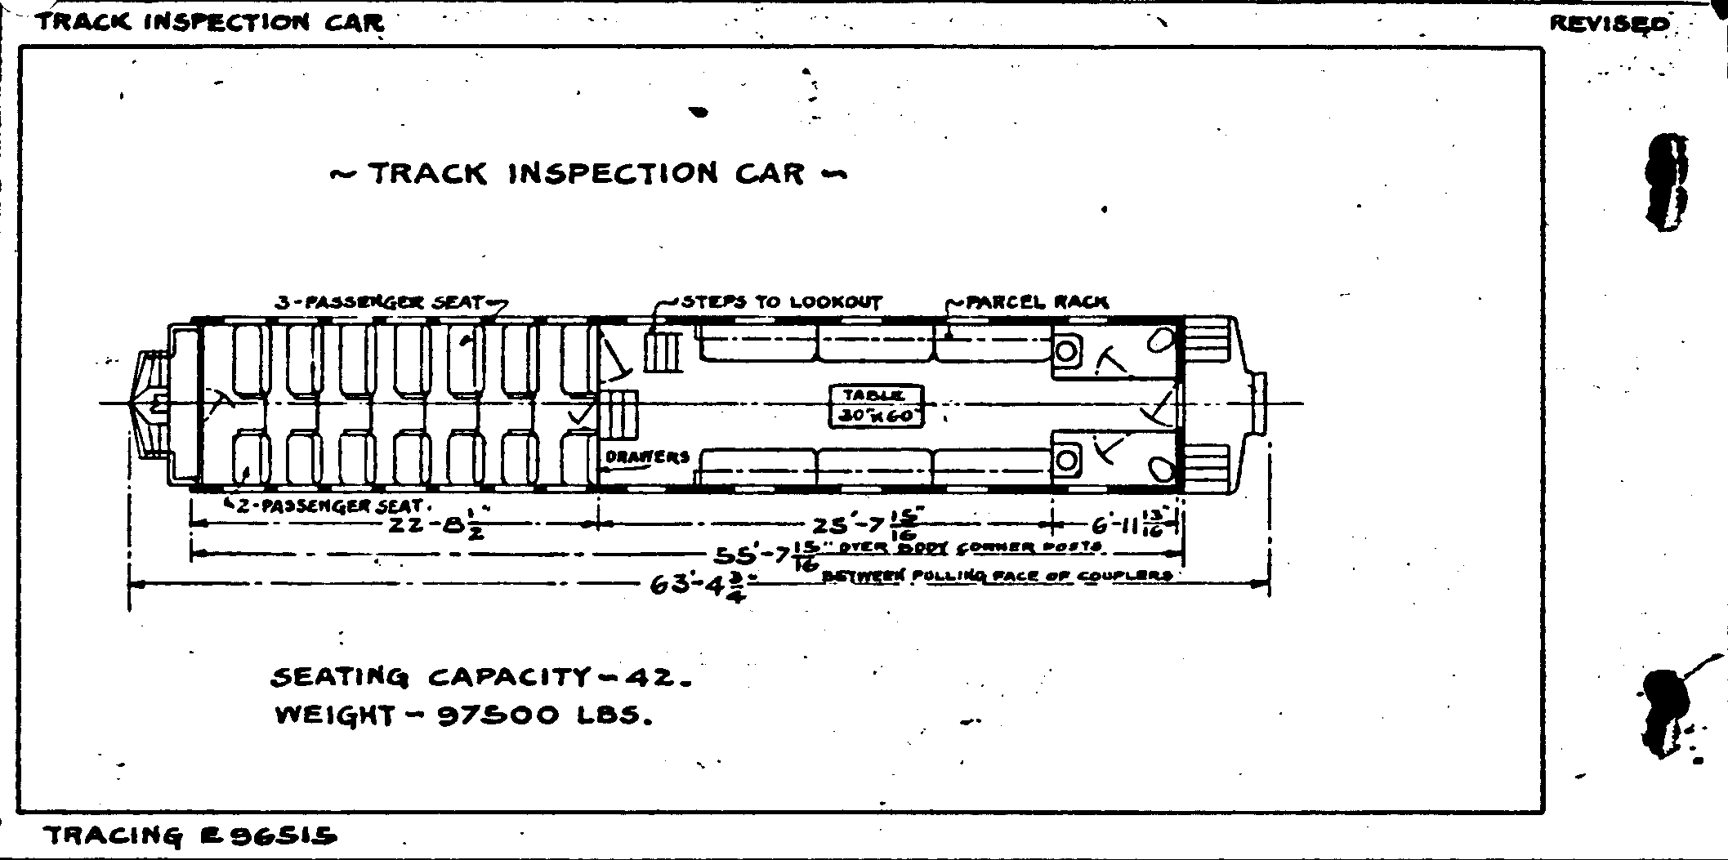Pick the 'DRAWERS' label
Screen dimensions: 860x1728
tap(648, 457)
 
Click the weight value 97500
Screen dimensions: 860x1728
tap(498, 716)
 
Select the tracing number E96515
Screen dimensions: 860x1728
tap(268, 836)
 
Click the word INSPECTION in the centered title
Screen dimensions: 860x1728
tap(614, 173)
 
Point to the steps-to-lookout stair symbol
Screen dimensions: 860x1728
tap(663, 351)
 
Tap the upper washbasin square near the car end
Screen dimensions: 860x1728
tap(1065, 352)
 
